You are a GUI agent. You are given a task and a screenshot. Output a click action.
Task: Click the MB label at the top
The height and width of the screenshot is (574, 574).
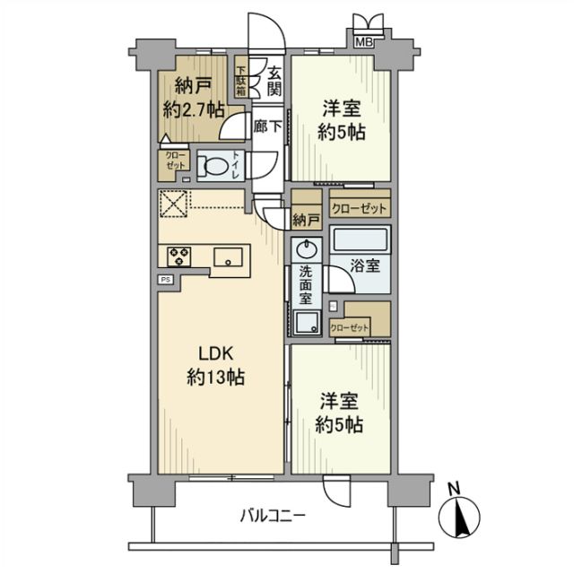coord(366,41)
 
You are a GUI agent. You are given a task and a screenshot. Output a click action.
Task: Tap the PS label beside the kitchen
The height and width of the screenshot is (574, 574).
coord(166,280)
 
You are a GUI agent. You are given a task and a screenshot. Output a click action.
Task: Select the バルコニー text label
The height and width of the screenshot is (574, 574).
coord(274,516)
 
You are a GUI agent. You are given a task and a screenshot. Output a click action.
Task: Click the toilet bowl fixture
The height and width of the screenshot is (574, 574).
coord(213,166)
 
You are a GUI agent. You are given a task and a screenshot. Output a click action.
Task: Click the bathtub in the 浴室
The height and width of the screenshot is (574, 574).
coord(360,241)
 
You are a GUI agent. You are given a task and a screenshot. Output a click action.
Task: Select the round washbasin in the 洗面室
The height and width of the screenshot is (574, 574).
coord(306,248)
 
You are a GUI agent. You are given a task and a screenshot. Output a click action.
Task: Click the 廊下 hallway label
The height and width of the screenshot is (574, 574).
coord(266,127)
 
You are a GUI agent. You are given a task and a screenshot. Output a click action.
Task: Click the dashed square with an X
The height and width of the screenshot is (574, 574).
coord(175,204)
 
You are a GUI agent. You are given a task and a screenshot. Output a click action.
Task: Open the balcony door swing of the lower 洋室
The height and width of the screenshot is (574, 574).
coord(336,491)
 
